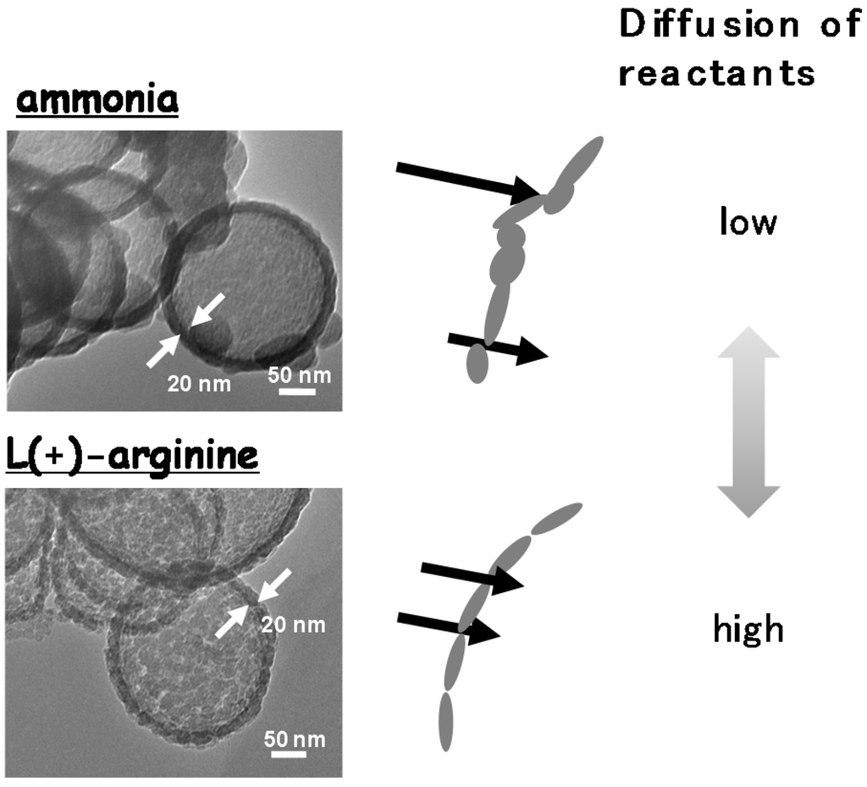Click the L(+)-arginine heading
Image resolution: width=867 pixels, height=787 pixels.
[130, 457]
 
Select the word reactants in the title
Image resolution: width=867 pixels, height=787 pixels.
[716, 73]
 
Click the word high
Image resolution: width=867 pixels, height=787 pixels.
[748, 629]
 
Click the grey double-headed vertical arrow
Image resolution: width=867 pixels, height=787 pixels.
[748, 423]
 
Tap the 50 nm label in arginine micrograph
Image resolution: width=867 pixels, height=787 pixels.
[293, 738]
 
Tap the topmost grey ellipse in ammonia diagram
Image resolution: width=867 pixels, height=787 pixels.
[582, 163]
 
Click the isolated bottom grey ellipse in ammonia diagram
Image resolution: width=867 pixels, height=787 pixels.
[478, 363]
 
